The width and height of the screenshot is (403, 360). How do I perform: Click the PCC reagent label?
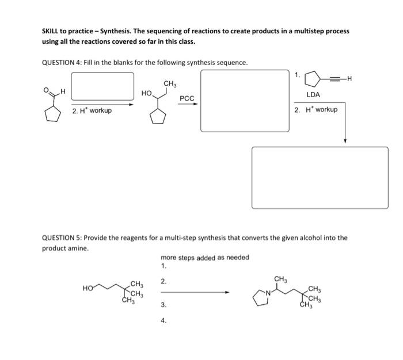[187, 98]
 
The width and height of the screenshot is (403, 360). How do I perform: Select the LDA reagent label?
[313, 94]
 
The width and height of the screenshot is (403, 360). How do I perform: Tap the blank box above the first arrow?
[102, 86]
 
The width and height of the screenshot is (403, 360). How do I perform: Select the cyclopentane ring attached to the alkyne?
[313, 77]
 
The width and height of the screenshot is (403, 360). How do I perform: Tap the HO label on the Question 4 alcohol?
[147, 93]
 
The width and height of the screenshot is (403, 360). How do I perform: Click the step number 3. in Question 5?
[164, 305]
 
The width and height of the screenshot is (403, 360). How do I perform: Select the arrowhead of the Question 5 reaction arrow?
[227, 292]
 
